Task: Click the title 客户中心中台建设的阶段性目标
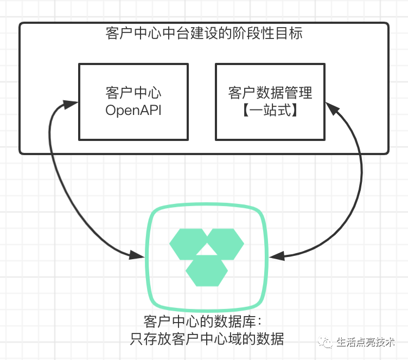click(203, 33)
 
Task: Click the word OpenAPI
click(133, 111)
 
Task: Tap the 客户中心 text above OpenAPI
click(133, 92)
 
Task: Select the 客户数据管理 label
click(270, 92)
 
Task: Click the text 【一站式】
click(270, 111)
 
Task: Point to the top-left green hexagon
click(188, 243)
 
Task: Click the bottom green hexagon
click(206, 270)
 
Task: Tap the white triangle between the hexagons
click(206, 249)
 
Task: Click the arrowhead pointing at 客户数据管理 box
click(333, 110)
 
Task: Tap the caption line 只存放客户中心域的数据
click(207, 339)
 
